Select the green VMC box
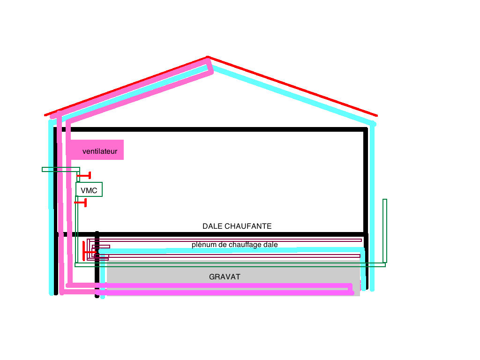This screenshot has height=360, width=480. click(x=89, y=190)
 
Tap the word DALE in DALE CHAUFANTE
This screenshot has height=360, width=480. click(x=212, y=226)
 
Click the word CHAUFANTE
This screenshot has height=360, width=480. click(x=247, y=226)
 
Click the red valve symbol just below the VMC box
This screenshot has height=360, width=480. click(x=81, y=202)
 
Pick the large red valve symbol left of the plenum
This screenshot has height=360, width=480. click(x=87, y=251)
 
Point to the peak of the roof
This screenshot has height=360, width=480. click(x=208, y=58)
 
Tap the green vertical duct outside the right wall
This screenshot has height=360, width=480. click(x=385, y=230)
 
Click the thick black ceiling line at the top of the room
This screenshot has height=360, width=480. click(x=211, y=128)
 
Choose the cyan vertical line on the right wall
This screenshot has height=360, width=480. click(x=373, y=211)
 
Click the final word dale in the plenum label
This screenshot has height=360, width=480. click(x=271, y=245)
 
